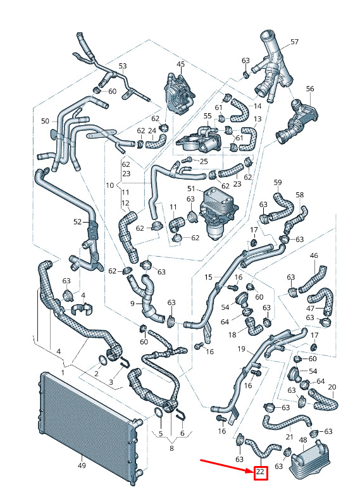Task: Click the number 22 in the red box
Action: (x=260, y=472)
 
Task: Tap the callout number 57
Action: (x=294, y=42)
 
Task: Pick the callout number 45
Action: (x=180, y=64)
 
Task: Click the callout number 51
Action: (x=191, y=189)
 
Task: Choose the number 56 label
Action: (x=310, y=89)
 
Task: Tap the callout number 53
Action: (x=123, y=66)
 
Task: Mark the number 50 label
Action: (x=46, y=121)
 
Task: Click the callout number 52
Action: (x=78, y=222)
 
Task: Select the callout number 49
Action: (x=82, y=465)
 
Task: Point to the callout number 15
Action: (x=208, y=278)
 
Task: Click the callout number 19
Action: (x=242, y=349)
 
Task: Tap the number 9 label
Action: (x=133, y=304)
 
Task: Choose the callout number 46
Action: (x=314, y=255)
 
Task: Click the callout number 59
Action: (x=278, y=183)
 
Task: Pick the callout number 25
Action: (x=204, y=161)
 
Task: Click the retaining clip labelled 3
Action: (x=125, y=362)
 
